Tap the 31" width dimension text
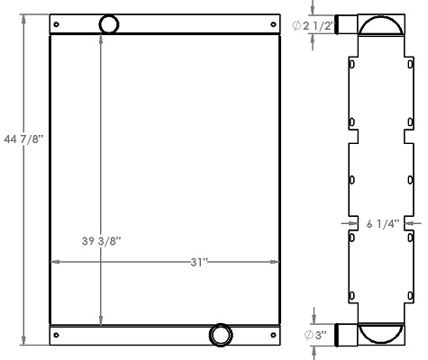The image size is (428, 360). (199, 262)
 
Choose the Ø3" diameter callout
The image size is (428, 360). (314, 335)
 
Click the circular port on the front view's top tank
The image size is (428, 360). (108, 24)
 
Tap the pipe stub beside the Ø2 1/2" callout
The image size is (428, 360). (348, 25)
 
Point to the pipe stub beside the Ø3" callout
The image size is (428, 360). (347, 335)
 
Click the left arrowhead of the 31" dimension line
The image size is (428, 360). (53, 262)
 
